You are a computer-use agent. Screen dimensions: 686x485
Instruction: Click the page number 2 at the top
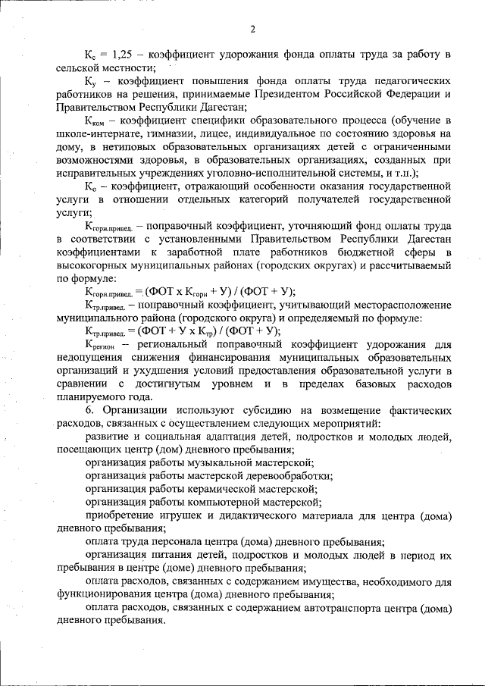point(253,30)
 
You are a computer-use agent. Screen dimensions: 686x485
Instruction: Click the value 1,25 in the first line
point(125,55)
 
